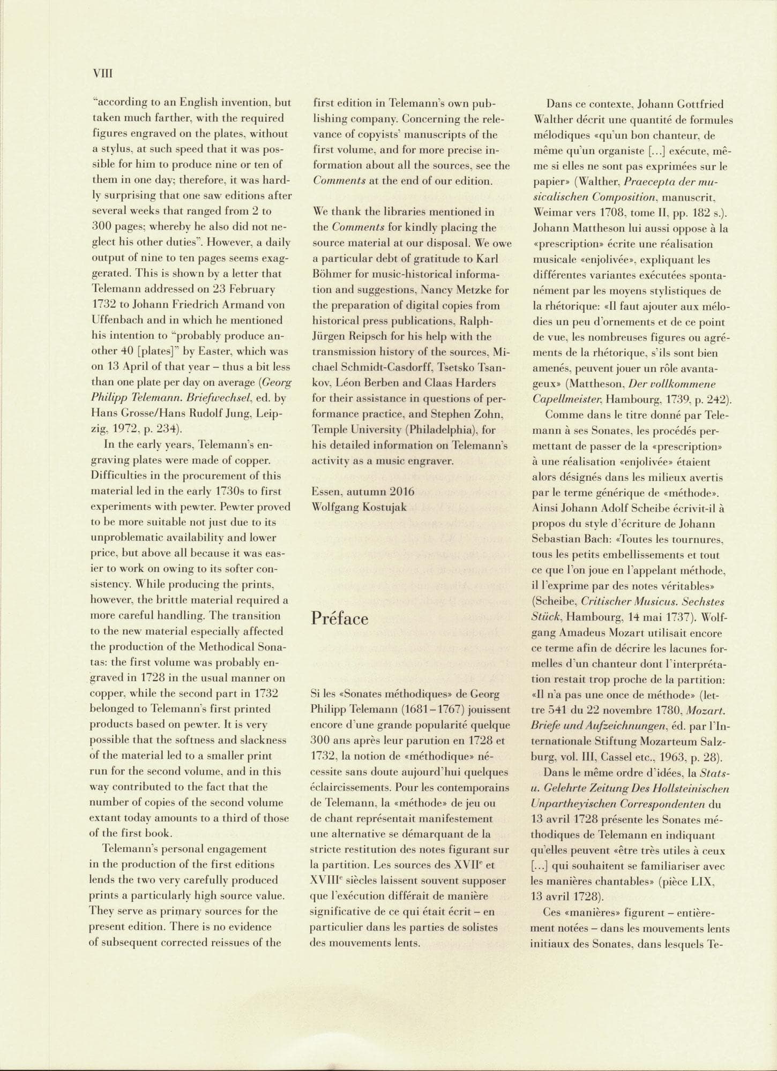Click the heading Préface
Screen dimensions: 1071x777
[340, 619]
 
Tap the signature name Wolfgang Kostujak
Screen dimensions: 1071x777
[358, 507]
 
